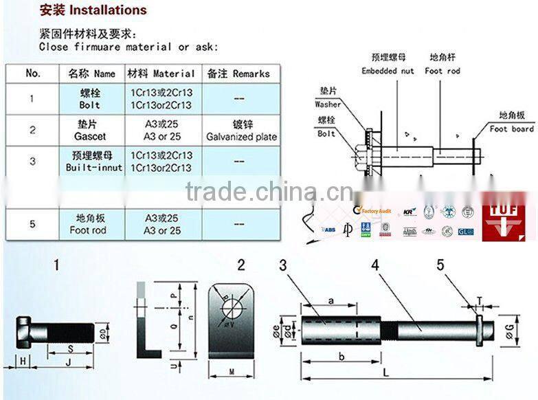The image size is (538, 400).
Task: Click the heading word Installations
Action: point(107,10)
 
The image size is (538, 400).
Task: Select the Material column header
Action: point(161,74)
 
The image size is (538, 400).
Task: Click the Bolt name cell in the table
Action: point(89,99)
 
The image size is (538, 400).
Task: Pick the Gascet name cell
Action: point(89,131)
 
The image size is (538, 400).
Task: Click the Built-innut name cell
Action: point(93,162)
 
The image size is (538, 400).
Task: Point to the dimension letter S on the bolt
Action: point(51,348)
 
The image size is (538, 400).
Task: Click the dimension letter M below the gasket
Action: point(229,372)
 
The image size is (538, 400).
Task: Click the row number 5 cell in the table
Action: point(32,225)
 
